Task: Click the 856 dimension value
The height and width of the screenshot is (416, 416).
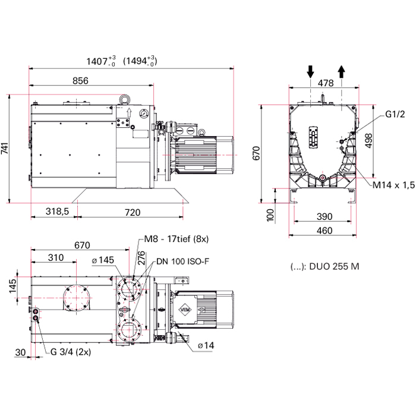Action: tap(80, 81)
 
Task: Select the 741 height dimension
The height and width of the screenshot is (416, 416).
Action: tap(5, 149)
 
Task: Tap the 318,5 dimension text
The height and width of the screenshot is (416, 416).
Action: tap(57, 211)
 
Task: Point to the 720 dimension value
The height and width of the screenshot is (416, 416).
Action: tap(133, 212)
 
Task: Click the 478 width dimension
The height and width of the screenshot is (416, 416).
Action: tap(326, 83)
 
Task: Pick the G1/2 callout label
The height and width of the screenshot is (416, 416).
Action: tap(395, 114)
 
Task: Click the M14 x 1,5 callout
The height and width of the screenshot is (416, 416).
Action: tap(393, 185)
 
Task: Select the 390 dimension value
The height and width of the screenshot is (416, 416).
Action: tap(324, 216)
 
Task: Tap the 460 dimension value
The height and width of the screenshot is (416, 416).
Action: tap(324, 231)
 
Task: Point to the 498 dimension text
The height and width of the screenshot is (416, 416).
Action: tap(369, 141)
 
